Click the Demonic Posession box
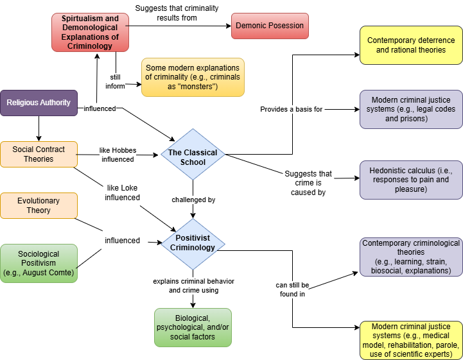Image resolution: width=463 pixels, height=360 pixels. click(269, 26)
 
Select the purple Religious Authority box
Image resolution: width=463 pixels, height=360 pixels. click(39, 103)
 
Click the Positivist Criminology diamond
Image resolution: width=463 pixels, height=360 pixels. click(193, 243)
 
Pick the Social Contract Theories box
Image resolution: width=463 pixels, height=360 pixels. click(39, 154)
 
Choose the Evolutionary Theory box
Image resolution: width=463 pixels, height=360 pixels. click(39, 205)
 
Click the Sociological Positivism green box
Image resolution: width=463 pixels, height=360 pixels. click(39, 263)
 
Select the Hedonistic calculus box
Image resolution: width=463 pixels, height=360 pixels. click(411, 180)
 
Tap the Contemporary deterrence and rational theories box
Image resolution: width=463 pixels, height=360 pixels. click(411, 45)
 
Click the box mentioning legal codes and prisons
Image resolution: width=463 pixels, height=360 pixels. click(411, 109)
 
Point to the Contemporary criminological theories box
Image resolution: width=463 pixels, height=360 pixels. click(411, 257)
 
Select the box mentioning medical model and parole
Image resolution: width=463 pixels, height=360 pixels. click(411, 340)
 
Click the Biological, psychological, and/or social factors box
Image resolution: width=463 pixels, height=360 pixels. click(193, 327)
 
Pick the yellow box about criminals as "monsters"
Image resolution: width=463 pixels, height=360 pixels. click(193, 77)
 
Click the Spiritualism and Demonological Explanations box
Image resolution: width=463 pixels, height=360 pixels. click(90, 32)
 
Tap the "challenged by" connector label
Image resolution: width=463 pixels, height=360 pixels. click(193, 200)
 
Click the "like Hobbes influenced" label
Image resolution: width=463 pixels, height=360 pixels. click(117, 155)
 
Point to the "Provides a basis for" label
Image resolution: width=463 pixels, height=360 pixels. click(291, 109)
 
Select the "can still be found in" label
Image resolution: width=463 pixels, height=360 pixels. click(293, 289)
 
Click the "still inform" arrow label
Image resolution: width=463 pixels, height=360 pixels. click(115, 81)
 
